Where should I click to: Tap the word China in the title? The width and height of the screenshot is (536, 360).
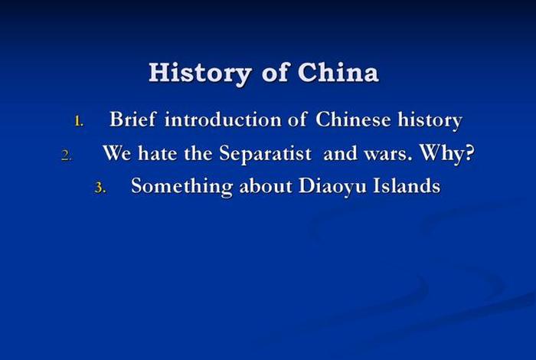(338, 73)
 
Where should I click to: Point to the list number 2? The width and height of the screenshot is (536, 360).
(67, 155)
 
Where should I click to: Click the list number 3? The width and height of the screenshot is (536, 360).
(99, 188)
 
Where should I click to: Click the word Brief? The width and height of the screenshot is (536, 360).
(132, 120)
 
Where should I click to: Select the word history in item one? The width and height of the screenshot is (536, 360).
(430, 121)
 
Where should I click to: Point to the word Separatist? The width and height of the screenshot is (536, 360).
(265, 153)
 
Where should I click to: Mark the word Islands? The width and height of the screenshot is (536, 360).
(407, 186)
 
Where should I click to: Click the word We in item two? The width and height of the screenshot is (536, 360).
(116, 153)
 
